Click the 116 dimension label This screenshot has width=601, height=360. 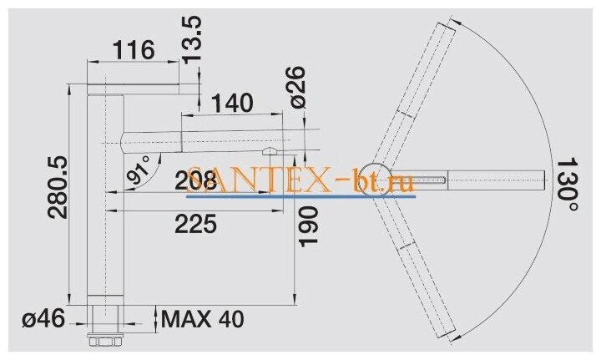click(x=134, y=50)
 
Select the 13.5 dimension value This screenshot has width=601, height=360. click(x=191, y=39)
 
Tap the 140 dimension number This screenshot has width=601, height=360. click(x=232, y=103)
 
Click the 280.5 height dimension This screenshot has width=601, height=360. click(x=58, y=187)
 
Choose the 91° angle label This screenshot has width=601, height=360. click(x=139, y=170)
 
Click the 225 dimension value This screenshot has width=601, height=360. click(x=195, y=224)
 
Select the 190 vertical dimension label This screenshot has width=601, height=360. click(x=309, y=226)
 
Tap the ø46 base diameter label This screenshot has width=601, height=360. click(x=43, y=318)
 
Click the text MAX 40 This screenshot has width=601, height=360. click(x=202, y=319)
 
